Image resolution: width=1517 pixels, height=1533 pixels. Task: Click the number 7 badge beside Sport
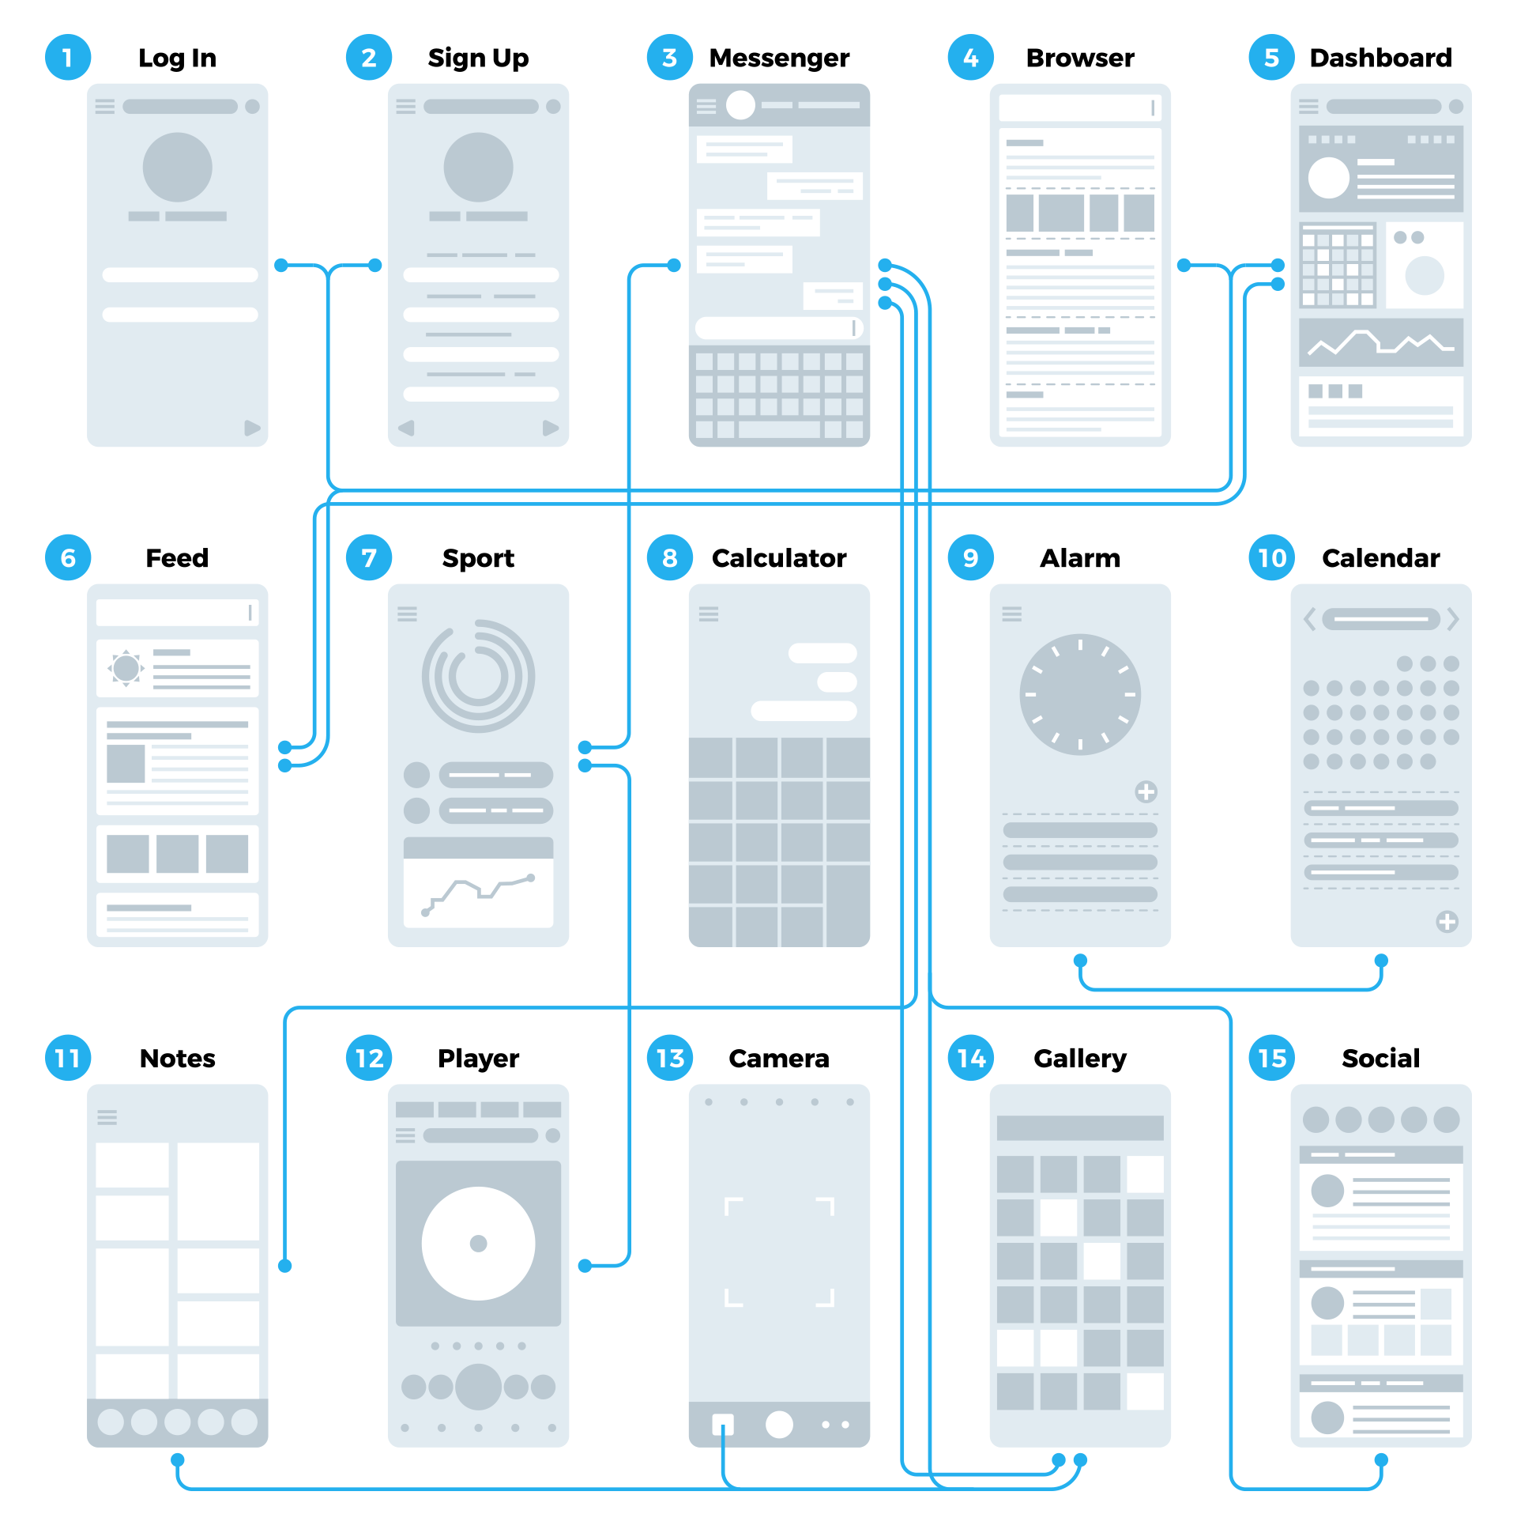tap(369, 558)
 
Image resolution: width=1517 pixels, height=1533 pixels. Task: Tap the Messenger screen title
tap(779, 58)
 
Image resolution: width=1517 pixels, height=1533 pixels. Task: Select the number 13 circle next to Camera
tap(670, 1058)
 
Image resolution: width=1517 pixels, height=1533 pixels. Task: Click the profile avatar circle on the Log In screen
tap(178, 168)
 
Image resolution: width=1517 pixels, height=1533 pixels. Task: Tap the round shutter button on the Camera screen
tap(779, 1425)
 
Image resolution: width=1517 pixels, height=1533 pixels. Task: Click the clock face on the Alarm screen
tap(1080, 694)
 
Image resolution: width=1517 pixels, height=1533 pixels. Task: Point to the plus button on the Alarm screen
tap(1146, 791)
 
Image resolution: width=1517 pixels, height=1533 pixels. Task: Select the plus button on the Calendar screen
tap(1447, 921)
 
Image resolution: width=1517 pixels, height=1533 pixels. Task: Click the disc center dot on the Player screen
tap(478, 1244)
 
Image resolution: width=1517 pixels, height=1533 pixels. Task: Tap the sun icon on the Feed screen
tap(126, 668)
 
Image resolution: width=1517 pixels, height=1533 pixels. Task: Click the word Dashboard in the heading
tap(1380, 58)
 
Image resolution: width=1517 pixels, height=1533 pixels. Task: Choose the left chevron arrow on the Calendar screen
tap(1310, 619)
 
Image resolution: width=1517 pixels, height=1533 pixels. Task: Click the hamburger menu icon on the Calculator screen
tap(709, 614)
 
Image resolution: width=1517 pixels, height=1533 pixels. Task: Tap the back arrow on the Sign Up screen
tap(407, 429)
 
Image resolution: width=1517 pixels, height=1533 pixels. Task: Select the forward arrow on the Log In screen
tap(252, 429)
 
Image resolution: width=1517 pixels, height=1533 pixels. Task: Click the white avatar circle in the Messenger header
tap(740, 104)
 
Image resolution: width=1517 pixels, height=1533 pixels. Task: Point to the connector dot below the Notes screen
tap(178, 1460)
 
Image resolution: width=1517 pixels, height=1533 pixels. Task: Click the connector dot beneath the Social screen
tap(1381, 1460)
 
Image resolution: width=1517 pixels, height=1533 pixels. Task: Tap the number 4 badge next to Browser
tap(970, 58)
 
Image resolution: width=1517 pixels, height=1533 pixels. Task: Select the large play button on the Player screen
tap(478, 1386)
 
